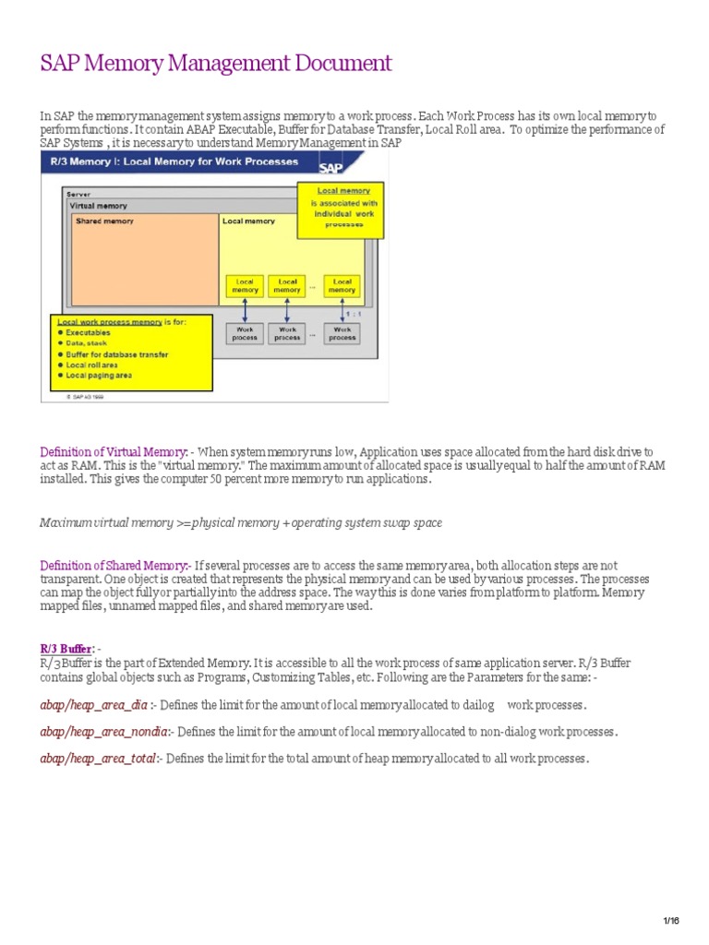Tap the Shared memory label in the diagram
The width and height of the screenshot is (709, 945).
103,221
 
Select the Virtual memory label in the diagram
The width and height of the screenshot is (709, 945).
100,206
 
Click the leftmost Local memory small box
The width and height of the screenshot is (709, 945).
245,286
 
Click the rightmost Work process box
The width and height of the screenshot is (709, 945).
342,333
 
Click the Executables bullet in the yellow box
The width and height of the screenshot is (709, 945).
89,332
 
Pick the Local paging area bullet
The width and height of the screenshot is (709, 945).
99,376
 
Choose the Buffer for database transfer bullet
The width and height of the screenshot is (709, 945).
116,354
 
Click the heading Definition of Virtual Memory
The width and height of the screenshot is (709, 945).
114,452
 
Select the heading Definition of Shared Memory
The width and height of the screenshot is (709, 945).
114,566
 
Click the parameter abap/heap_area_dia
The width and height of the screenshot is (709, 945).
94,705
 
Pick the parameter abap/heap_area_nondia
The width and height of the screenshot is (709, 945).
103,732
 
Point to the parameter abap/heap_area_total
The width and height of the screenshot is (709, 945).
99,759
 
